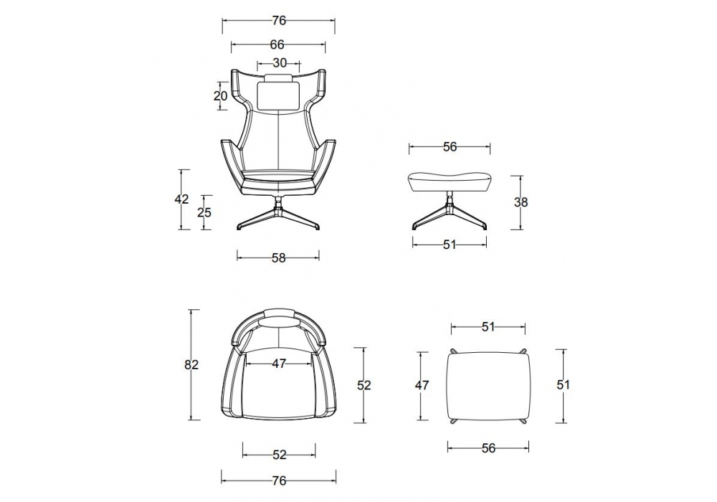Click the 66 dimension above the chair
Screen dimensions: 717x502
click(x=277, y=44)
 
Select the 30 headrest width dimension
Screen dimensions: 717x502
click(x=280, y=63)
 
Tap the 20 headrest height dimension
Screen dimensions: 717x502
click(x=220, y=96)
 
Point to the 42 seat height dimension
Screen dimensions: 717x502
click(x=181, y=200)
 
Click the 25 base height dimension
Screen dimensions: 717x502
click(x=204, y=212)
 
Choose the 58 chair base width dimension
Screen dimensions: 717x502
click(x=278, y=258)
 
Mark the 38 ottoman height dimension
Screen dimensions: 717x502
click(x=521, y=202)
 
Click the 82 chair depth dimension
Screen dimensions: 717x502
click(x=191, y=365)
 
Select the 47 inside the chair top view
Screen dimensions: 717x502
click(x=279, y=364)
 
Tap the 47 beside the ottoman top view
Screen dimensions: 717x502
click(x=422, y=385)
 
